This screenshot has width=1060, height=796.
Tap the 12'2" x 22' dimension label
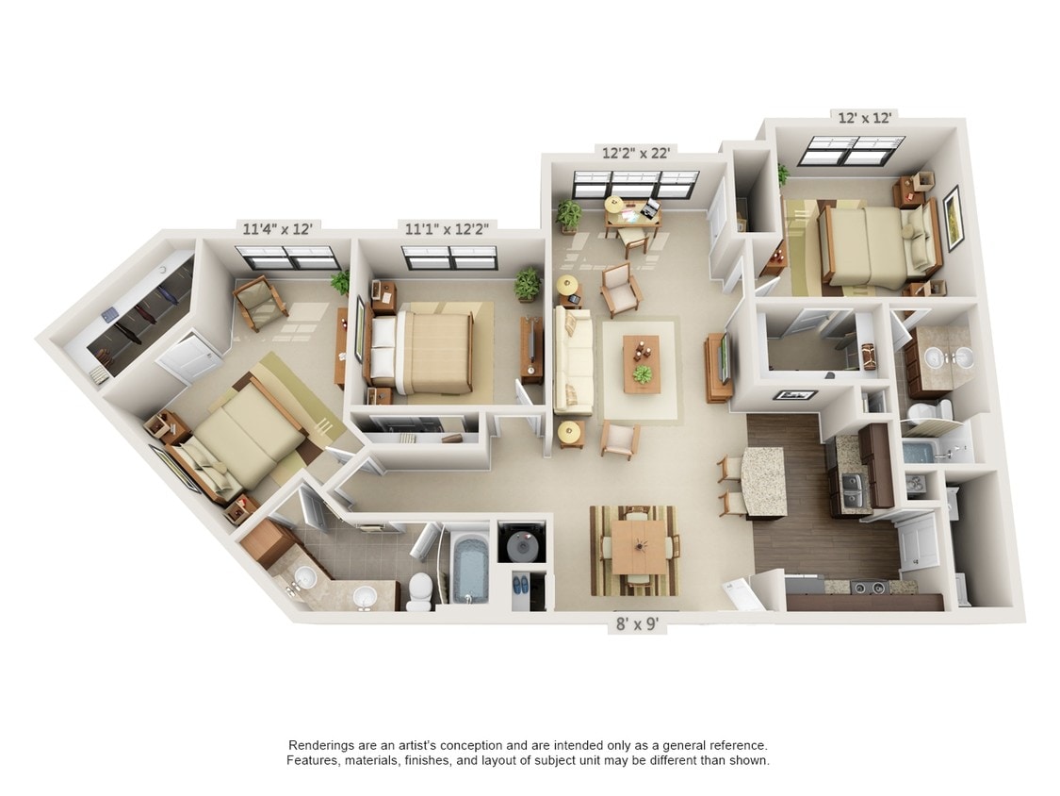pyautogui.click(x=635, y=153)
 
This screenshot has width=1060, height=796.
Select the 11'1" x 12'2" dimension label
pyautogui.click(x=442, y=229)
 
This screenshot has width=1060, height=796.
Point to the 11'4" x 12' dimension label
pyautogui.click(x=277, y=229)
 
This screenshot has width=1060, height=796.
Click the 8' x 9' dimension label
pyautogui.click(x=637, y=623)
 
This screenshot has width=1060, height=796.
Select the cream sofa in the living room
pyautogui.click(x=573, y=361)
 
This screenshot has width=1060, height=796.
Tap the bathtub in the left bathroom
pyautogui.click(x=470, y=568)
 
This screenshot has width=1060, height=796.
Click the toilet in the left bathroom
pyautogui.click(x=420, y=591)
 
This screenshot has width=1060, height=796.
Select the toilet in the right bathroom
pyautogui.click(x=930, y=411)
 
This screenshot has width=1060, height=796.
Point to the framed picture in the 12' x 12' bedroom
pyautogui.click(x=952, y=217)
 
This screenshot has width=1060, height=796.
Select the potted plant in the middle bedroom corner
pyautogui.click(x=528, y=284)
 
